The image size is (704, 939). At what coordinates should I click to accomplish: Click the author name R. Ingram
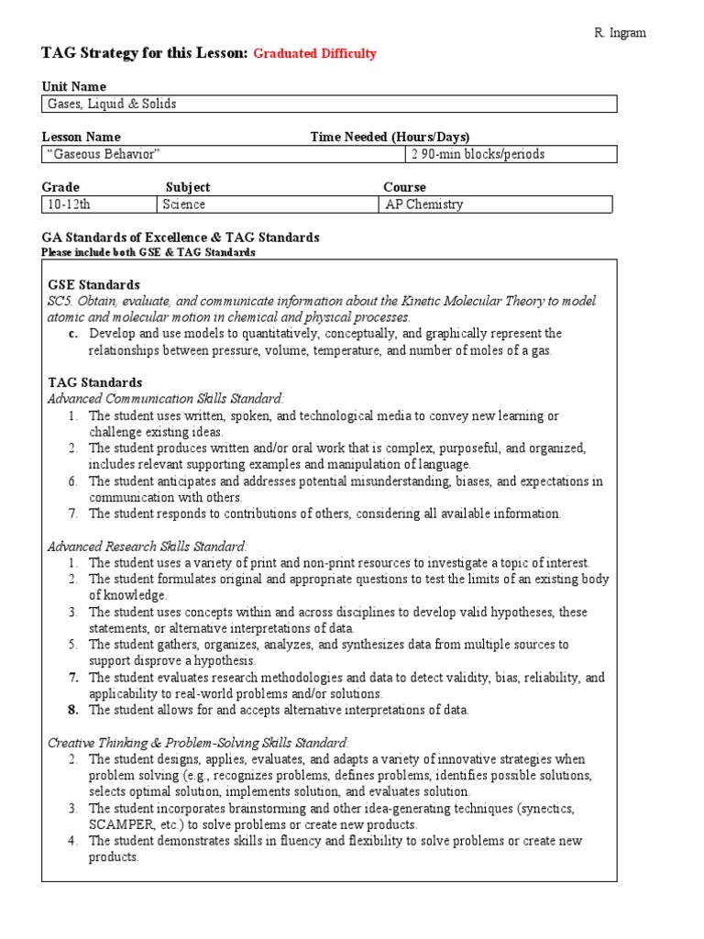click(620, 33)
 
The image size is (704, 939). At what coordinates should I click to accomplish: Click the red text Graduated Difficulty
click(314, 54)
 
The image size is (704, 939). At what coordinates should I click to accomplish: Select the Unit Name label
click(74, 87)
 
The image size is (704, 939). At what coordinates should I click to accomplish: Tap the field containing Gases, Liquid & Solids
click(329, 104)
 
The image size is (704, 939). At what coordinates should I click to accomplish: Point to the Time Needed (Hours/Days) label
click(390, 137)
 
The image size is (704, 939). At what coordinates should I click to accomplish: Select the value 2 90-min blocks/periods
click(478, 154)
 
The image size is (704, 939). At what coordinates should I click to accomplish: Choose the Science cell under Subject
click(184, 204)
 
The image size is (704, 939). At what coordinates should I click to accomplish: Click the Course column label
click(404, 187)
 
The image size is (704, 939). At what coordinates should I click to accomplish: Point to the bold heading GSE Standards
click(93, 285)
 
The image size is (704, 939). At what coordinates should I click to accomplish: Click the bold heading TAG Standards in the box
click(94, 382)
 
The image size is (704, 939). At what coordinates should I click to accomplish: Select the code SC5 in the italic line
click(60, 301)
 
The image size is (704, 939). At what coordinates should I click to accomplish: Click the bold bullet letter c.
click(72, 334)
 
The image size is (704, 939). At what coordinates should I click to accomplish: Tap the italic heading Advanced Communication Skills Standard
click(166, 398)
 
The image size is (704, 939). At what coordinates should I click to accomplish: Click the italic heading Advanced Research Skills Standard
click(148, 546)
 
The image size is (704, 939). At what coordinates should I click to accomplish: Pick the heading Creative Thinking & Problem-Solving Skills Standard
click(198, 743)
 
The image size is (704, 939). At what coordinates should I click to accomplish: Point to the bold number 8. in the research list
click(72, 710)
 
